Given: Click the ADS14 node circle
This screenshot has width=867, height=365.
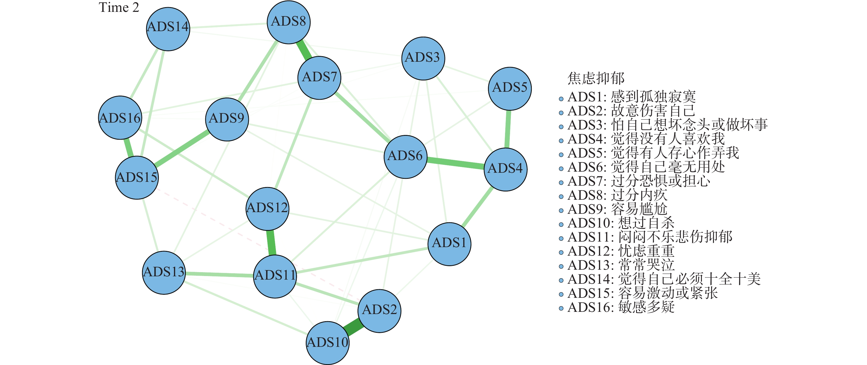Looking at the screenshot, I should pos(168,29).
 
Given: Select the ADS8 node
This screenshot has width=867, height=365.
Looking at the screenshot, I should pos(288,22).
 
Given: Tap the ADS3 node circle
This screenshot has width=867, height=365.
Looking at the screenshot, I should pos(423,58).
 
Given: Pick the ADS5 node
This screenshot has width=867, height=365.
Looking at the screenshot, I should pos(509,88).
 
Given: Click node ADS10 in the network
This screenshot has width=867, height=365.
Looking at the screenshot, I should pos(328,343).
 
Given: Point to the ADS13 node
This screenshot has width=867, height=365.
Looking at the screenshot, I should pos(164,272).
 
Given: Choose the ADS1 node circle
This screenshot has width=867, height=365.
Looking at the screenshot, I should pos(449,244).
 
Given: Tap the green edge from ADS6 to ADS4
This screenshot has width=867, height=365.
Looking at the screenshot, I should pos(455,163).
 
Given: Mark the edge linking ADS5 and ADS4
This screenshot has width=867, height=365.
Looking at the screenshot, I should pos(508,129).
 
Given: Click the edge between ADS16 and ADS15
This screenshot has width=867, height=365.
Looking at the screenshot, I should pos(128,147).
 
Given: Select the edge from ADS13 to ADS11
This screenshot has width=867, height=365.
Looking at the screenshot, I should pos(219,274).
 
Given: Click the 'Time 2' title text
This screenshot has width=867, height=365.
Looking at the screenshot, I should pos(119,7).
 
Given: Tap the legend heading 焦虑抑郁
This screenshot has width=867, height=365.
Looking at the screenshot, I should pos(596,78).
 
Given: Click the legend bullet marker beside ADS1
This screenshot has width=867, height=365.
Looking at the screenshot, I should pos(561,99).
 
